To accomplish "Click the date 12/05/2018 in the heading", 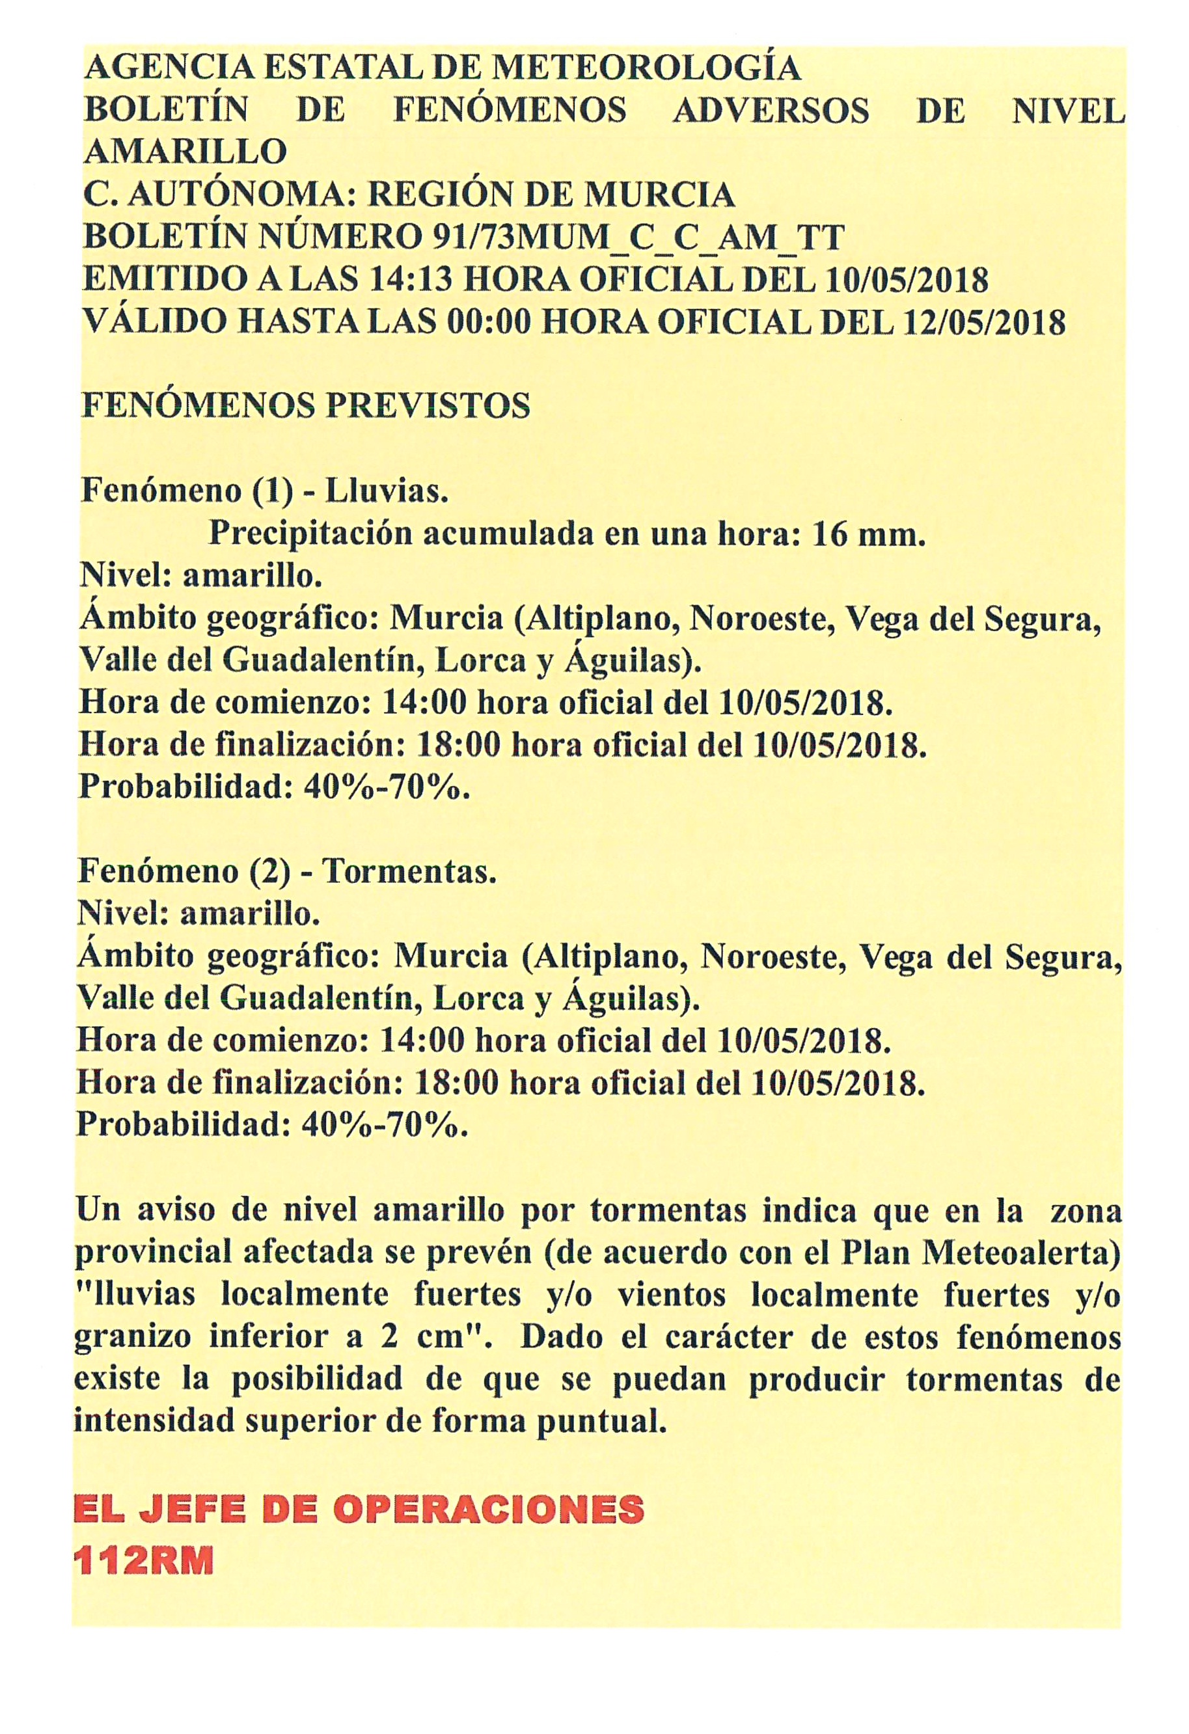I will click(984, 323).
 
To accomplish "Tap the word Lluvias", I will click(387, 492).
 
